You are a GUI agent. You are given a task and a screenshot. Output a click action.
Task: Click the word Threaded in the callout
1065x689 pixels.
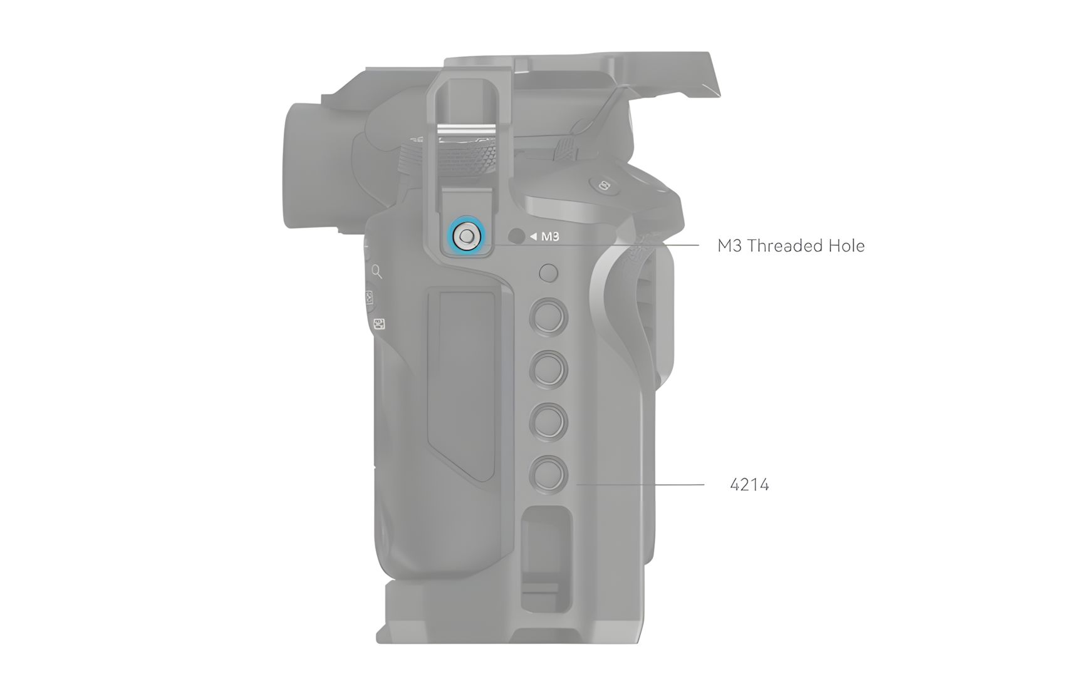(786, 246)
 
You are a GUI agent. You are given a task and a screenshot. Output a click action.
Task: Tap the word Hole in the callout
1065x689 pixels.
(846, 246)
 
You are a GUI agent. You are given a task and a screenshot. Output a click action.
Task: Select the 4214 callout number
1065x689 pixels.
(749, 485)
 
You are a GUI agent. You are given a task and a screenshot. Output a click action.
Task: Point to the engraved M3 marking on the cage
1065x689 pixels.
(550, 236)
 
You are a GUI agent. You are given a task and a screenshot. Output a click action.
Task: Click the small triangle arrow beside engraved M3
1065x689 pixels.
(534, 236)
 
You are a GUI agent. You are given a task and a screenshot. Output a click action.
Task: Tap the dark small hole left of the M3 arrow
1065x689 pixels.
(516, 236)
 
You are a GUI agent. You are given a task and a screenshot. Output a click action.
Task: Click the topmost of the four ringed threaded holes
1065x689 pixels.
(549, 317)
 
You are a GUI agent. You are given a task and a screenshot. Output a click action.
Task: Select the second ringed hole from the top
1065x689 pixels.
(549, 370)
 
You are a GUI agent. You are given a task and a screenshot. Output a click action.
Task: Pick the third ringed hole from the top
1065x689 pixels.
(549, 422)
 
